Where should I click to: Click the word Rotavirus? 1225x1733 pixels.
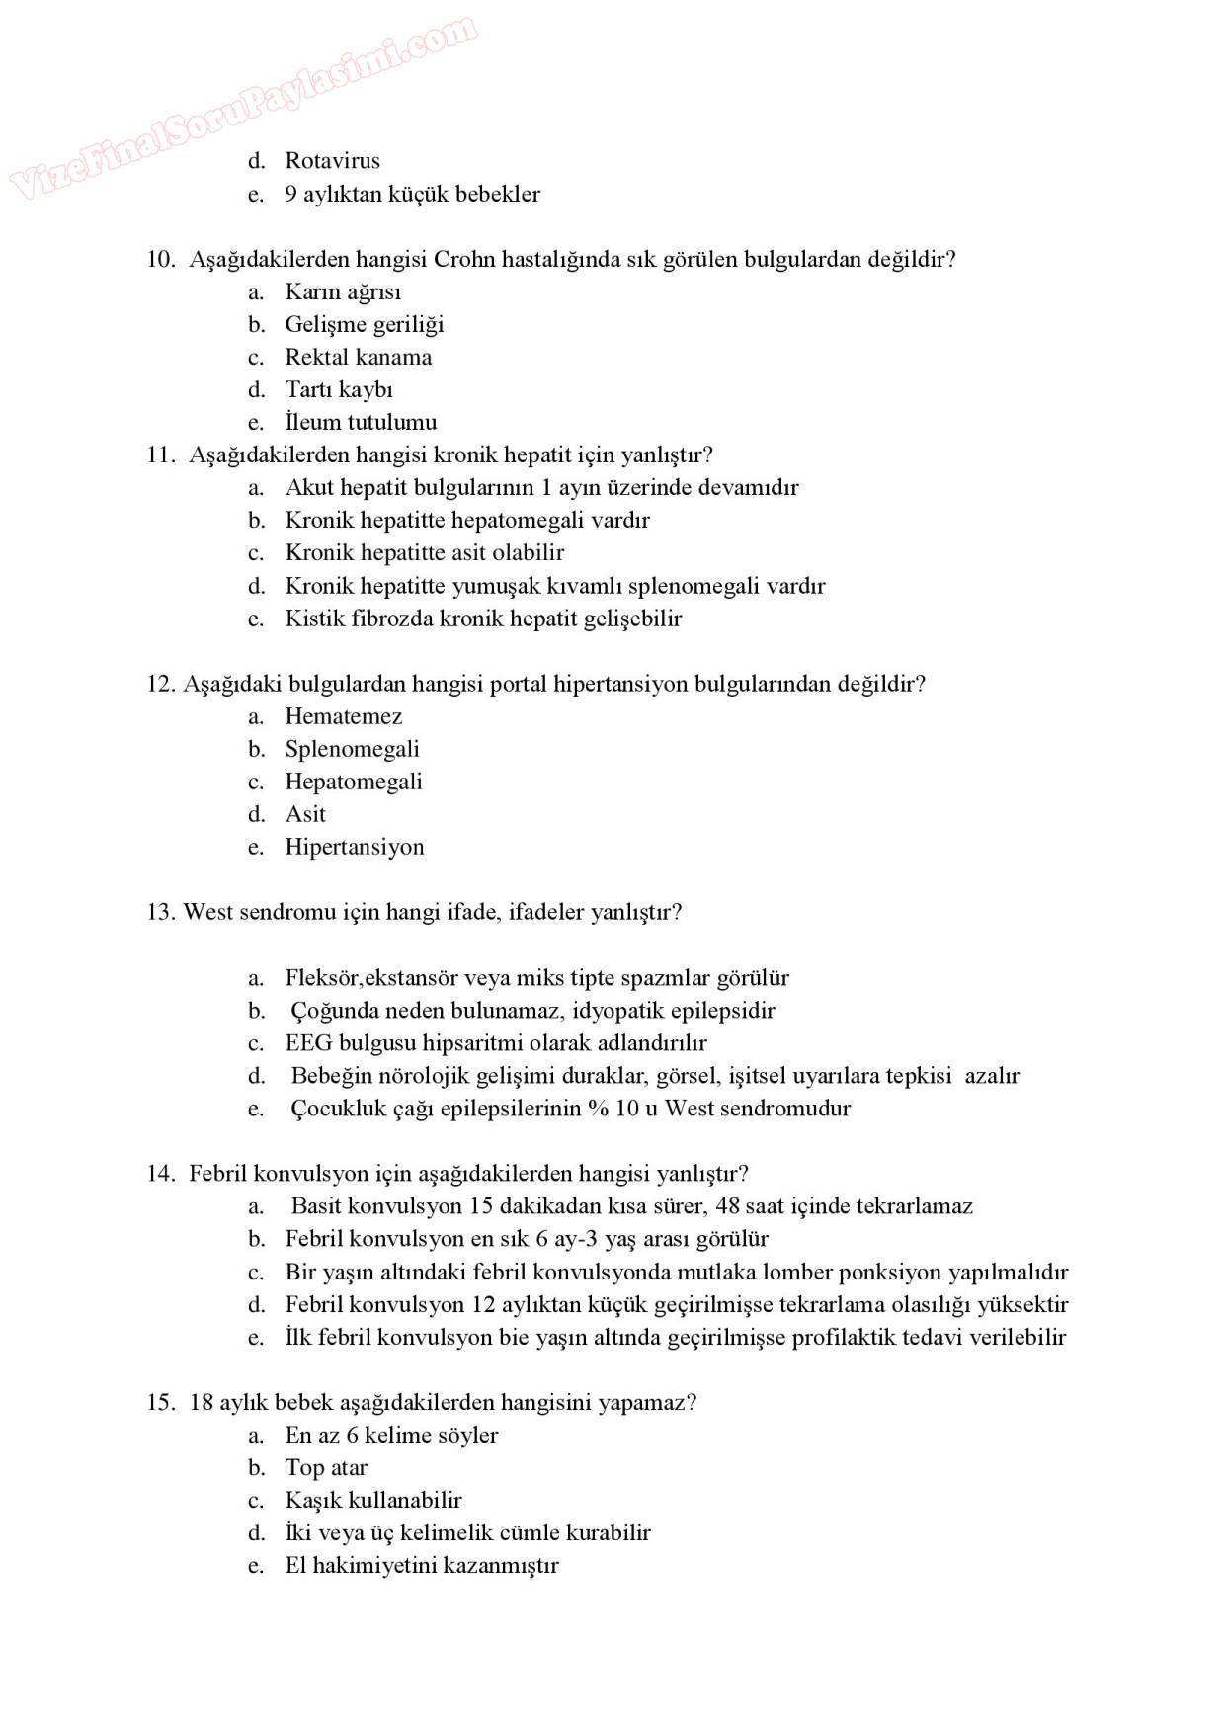point(332,160)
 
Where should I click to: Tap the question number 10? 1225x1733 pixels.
point(161,259)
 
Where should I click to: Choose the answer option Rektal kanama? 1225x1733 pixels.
point(358,357)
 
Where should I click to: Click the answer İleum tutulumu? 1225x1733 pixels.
point(361,422)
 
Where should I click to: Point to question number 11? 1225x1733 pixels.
point(161,454)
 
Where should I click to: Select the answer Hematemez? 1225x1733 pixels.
point(344,716)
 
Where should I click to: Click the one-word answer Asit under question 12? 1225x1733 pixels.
point(305,814)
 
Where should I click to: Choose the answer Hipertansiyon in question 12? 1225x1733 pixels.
point(355,847)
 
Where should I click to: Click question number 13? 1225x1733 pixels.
point(161,912)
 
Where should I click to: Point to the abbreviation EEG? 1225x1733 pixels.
point(308,1043)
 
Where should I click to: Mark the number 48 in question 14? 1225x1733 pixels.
point(728,1206)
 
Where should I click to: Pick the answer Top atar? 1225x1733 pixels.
point(326,1468)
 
